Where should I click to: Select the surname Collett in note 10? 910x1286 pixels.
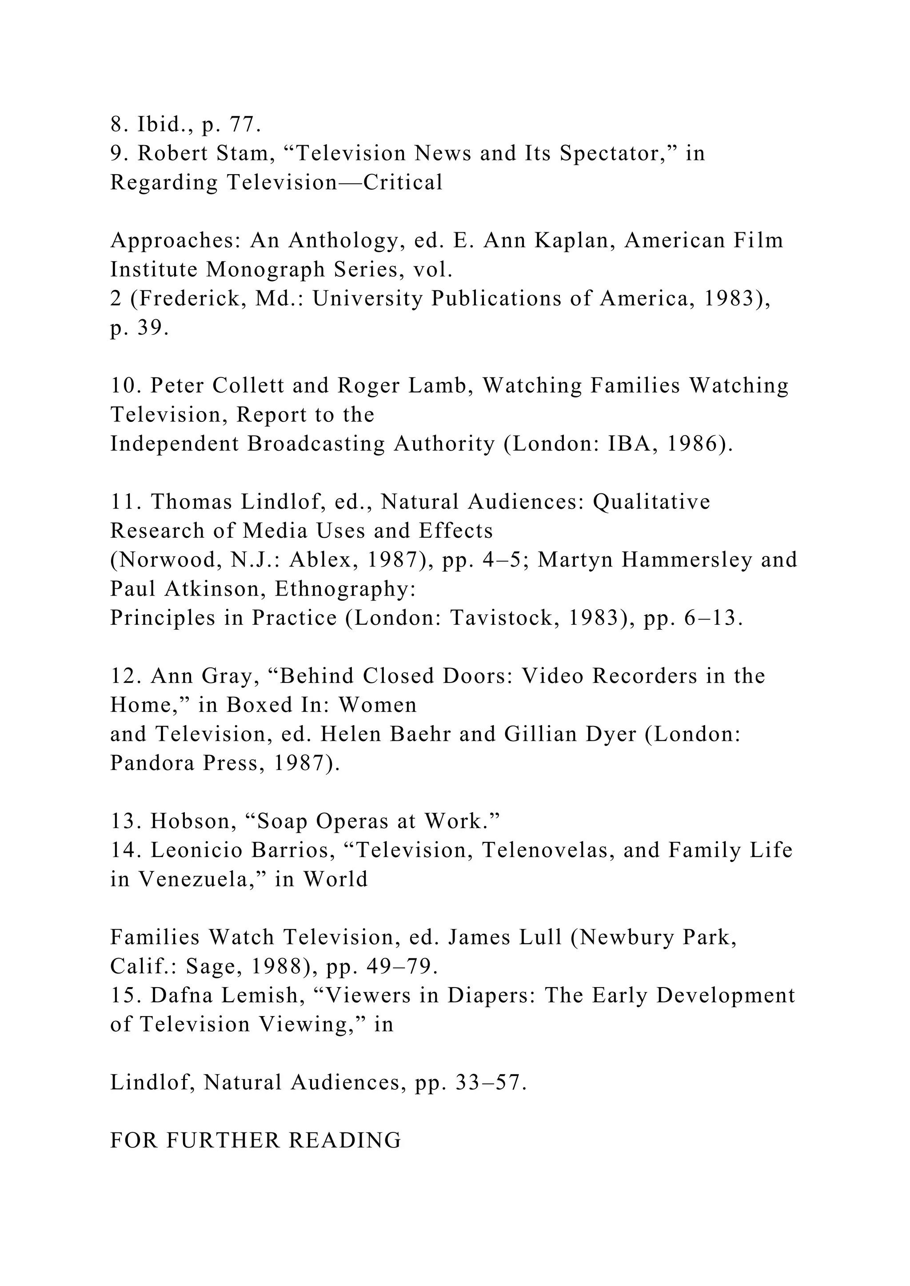click(x=248, y=386)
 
